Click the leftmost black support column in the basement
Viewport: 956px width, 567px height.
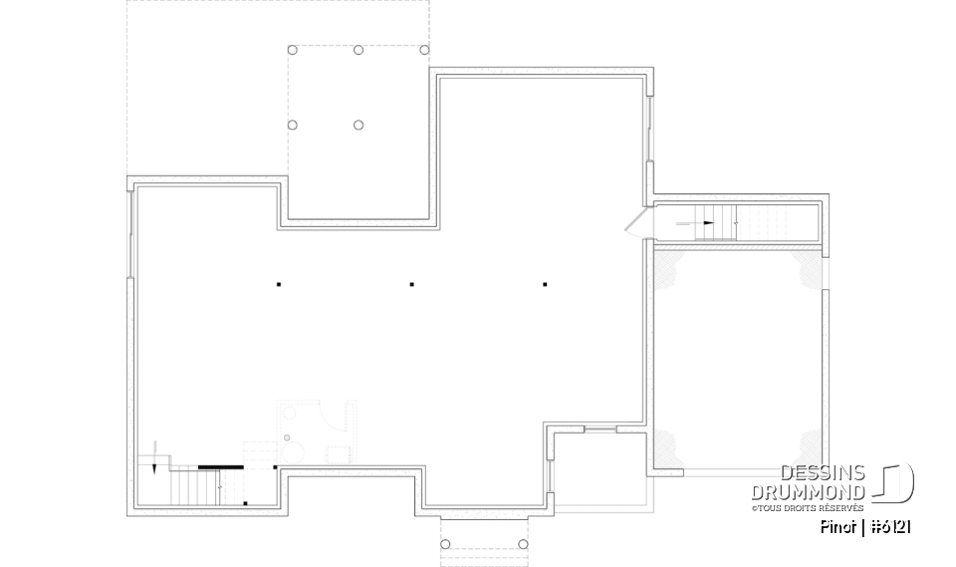click(279, 285)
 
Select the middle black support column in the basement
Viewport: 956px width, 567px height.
click(412, 285)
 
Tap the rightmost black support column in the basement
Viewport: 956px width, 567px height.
click(545, 285)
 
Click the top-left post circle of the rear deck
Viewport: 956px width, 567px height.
click(292, 50)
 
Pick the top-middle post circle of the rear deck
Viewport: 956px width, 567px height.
click(358, 50)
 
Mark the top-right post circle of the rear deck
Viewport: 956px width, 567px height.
click(424, 50)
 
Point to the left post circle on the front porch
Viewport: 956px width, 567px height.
click(445, 544)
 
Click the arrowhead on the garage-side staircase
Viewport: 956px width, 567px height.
click(708, 223)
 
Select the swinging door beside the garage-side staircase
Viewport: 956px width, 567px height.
click(636, 221)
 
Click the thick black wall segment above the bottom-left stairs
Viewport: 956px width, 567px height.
click(221, 465)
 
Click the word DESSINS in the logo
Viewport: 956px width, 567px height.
click(823, 473)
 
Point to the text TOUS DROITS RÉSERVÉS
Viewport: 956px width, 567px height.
click(808, 507)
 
